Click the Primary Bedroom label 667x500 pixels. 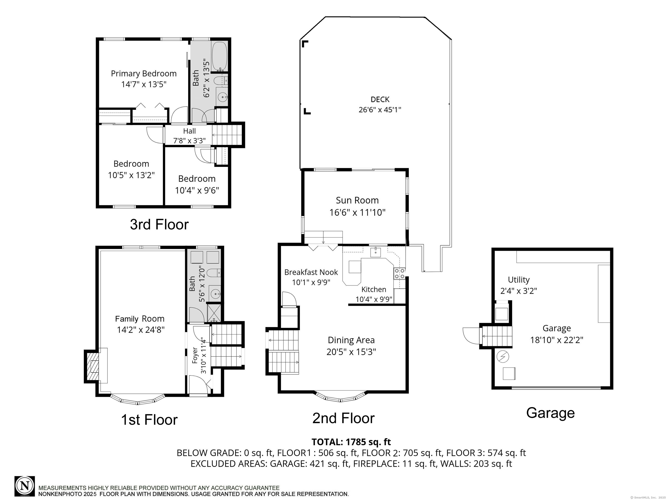coord(144,74)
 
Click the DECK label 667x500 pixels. coord(380,99)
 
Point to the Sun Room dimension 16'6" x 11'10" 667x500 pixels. coord(357,212)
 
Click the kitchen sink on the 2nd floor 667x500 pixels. coord(376,252)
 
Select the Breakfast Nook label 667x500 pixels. coord(311,272)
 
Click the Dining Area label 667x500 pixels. coord(351,340)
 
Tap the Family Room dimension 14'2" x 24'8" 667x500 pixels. coord(141,330)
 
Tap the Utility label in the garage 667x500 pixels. coord(519,280)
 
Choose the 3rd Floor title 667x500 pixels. coord(159,225)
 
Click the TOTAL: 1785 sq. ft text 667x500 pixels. coord(351,442)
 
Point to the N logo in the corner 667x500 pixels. coord(25,486)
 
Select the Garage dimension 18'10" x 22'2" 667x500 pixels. coord(557,340)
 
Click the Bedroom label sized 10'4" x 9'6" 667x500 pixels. coord(197,179)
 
